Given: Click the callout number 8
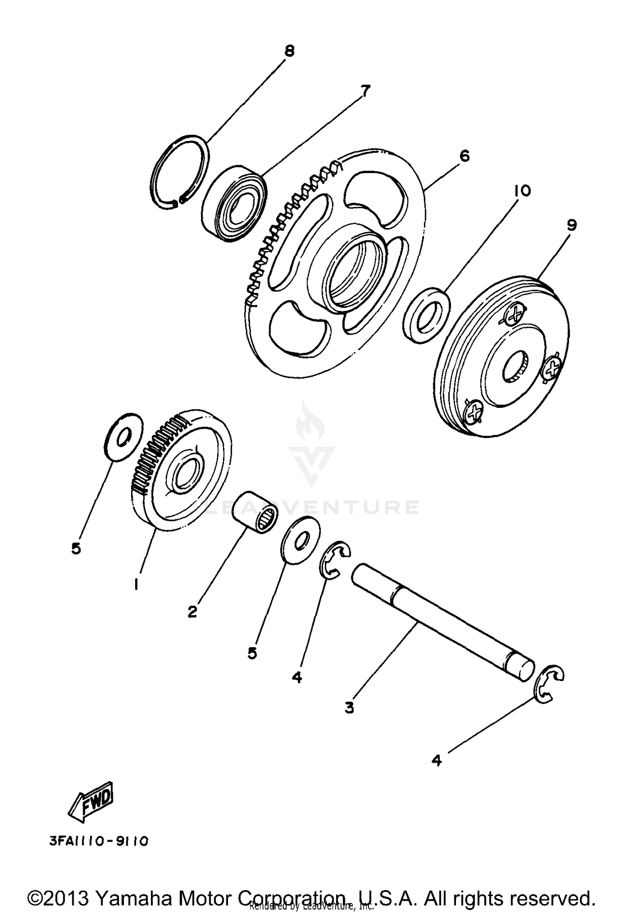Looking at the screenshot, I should click(289, 51).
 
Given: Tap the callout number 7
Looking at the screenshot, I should click(365, 90).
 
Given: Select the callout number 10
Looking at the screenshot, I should click(522, 191).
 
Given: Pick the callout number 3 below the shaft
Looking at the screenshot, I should click(349, 706).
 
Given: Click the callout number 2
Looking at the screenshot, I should click(192, 611).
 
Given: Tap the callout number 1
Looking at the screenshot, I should click(136, 585).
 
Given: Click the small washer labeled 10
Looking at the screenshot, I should click(426, 315).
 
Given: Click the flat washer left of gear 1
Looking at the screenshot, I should click(122, 437).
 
